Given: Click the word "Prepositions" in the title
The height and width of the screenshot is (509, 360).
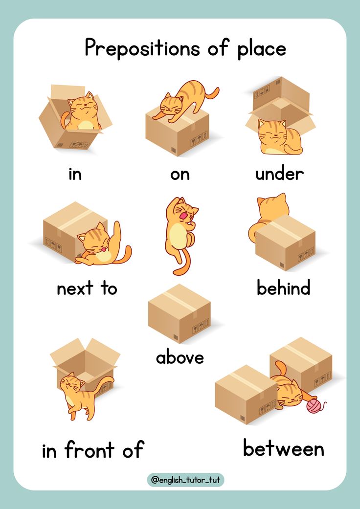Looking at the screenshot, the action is [x=142, y=48].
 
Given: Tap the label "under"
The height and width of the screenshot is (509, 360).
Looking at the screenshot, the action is [x=279, y=174].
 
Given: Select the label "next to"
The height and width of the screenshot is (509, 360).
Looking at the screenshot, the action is [x=87, y=288].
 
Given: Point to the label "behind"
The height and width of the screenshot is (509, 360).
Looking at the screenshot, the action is [x=283, y=288].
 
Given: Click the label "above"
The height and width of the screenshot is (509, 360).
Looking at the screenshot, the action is [x=180, y=357].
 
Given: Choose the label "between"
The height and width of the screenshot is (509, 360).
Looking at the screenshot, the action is [x=283, y=448].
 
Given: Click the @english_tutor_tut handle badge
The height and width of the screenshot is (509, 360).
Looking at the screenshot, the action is [x=186, y=480].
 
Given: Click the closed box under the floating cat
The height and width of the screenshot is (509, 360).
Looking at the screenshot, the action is [x=180, y=313].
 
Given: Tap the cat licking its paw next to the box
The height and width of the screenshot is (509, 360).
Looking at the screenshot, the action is [x=102, y=245].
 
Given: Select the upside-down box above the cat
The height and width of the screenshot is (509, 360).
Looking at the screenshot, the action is [x=280, y=104].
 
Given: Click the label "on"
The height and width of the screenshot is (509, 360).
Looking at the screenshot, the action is [x=180, y=175].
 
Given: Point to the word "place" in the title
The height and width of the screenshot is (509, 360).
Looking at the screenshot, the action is [x=262, y=49].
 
